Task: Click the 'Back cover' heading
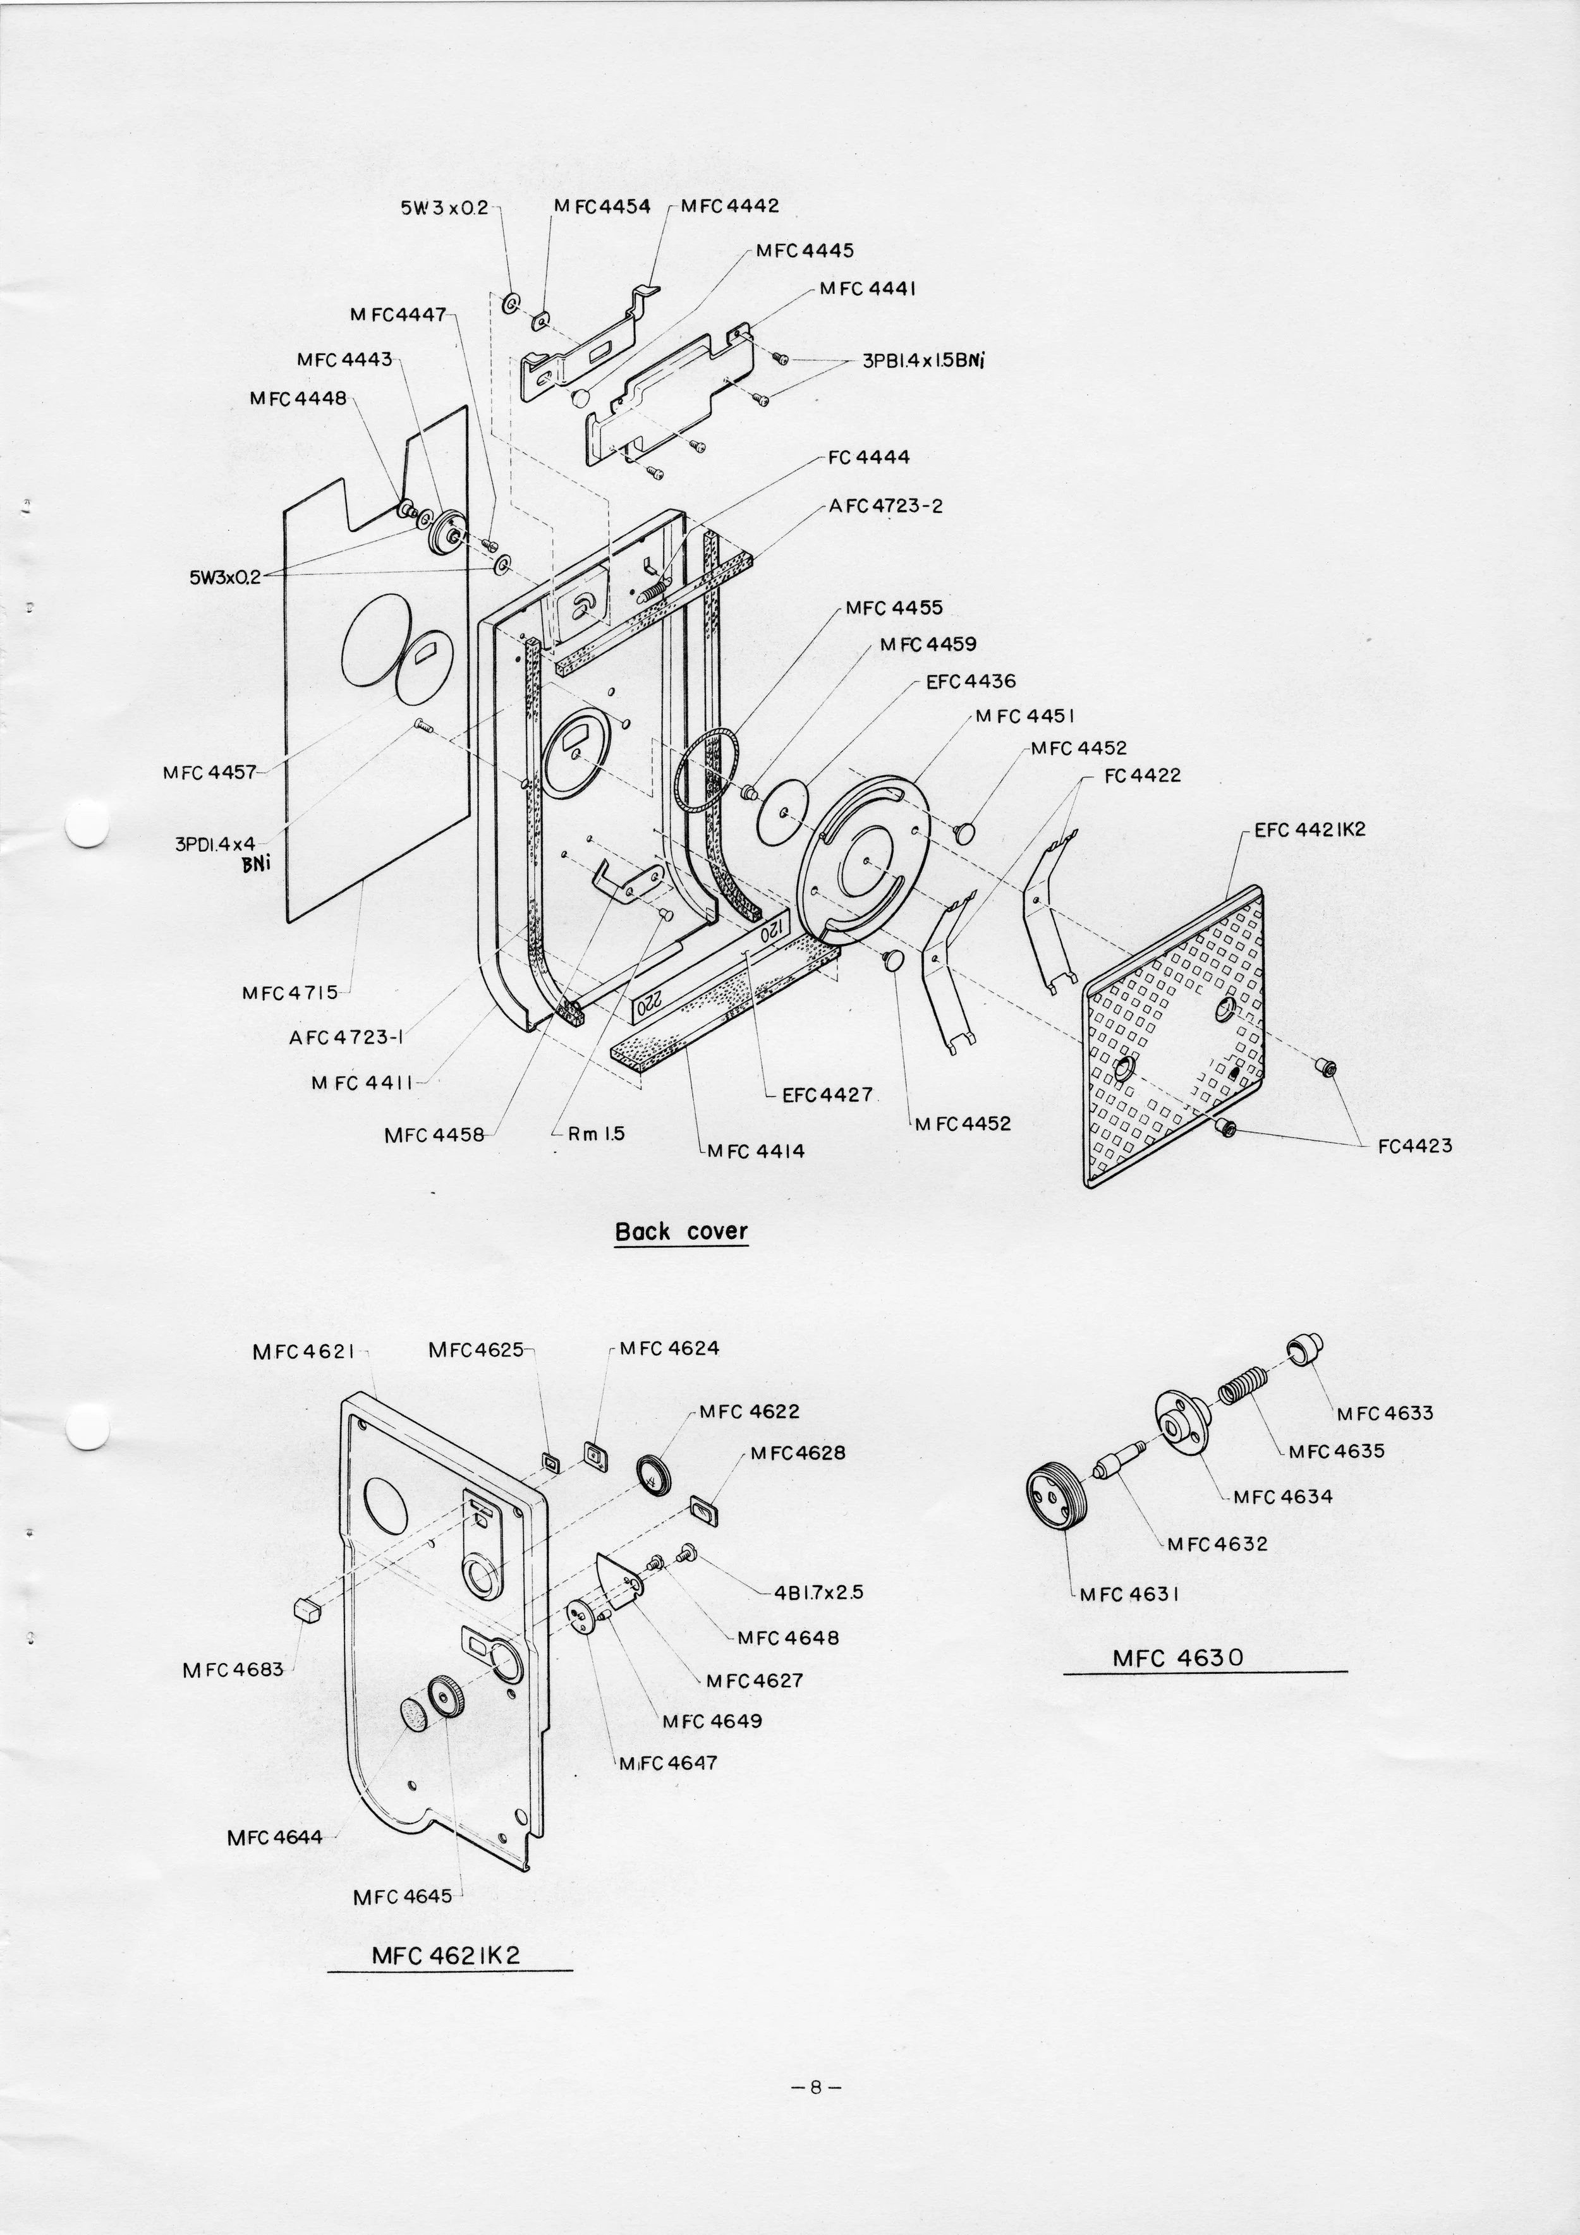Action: click(x=681, y=1232)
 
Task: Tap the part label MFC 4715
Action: click(x=290, y=993)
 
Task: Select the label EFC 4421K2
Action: click(x=1310, y=830)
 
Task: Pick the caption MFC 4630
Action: click(x=1178, y=1657)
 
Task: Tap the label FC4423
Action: click(x=1414, y=1146)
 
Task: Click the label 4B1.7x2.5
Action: click(x=818, y=1594)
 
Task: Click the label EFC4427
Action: click(x=827, y=1094)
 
